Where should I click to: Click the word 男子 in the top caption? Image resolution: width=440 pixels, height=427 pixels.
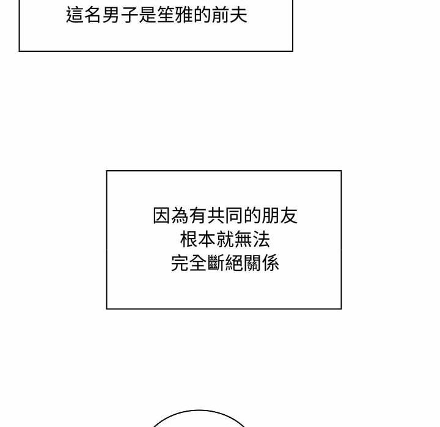pos(120,15)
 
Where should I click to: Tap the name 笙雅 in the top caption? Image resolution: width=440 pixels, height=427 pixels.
pos(175,15)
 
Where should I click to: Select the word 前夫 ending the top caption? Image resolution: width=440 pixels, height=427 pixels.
pos(229,15)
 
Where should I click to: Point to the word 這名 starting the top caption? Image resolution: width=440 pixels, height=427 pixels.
pos(84,15)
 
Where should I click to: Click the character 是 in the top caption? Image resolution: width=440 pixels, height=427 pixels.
pos(147,15)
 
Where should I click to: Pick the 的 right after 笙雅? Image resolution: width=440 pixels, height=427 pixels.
pos(202,15)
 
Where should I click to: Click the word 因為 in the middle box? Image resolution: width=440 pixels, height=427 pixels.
pos(170,215)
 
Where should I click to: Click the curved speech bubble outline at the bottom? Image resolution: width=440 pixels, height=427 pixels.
pos(199,411)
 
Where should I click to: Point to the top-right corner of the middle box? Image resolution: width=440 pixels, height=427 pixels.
pos(341,171)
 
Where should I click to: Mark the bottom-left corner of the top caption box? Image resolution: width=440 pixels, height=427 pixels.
pos(20,51)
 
